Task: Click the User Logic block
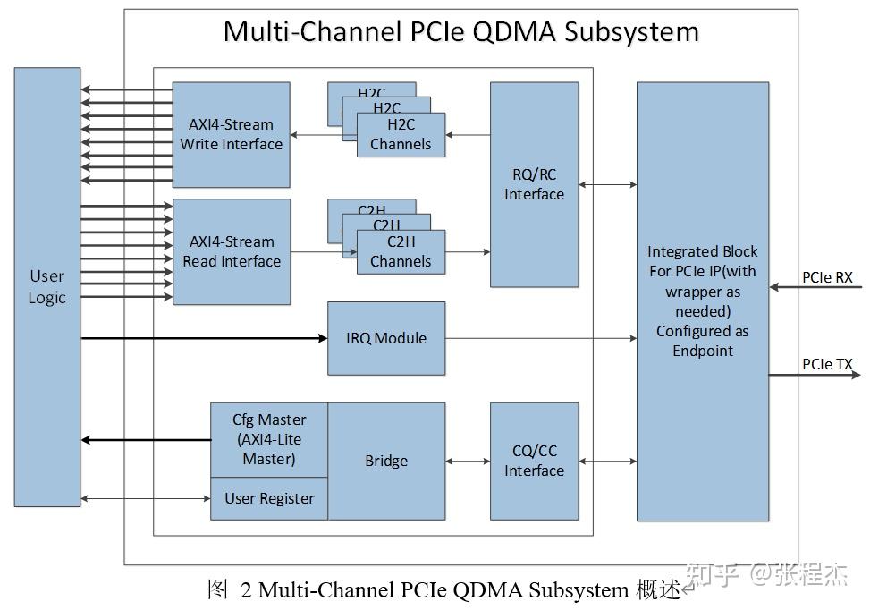pyautogui.click(x=46, y=286)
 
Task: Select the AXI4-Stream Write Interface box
pyautogui.click(x=231, y=134)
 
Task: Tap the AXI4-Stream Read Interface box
pyautogui.click(x=231, y=251)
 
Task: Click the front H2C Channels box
pyautogui.click(x=401, y=135)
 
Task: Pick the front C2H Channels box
pyautogui.click(x=401, y=252)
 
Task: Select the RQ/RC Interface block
pyautogui.click(x=534, y=184)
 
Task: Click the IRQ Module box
pyautogui.click(x=386, y=338)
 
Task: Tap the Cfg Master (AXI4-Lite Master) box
pyautogui.click(x=268, y=439)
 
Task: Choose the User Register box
pyautogui.click(x=268, y=498)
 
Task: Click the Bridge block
pyautogui.click(x=386, y=461)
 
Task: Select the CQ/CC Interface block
pyautogui.click(x=534, y=461)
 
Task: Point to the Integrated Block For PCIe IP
pyautogui.click(x=702, y=301)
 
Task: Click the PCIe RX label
pyautogui.click(x=827, y=277)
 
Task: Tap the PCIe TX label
pyautogui.click(x=827, y=364)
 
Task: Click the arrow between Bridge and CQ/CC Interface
pyautogui.click(x=468, y=462)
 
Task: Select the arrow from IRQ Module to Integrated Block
pyautogui.click(x=541, y=338)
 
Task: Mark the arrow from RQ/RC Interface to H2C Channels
pyautogui.click(x=468, y=135)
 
